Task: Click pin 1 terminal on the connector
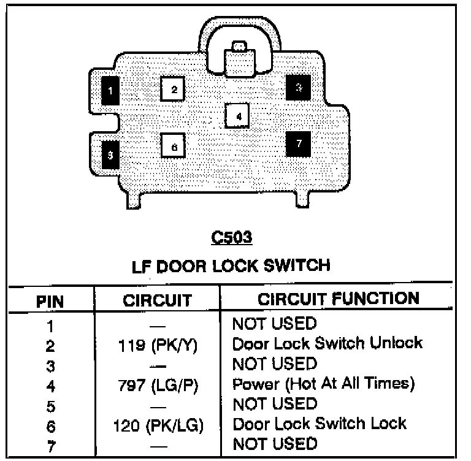click(x=110, y=91)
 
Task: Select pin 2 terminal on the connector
click(x=174, y=90)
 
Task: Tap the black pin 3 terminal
click(x=298, y=88)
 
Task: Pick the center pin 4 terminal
click(x=238, y=115)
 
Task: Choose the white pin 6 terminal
click(x=174, y=147)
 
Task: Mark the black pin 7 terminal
click(x=299, y=144)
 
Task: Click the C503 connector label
click(x=232, y=237)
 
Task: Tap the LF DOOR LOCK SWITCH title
click(x=231, y=266)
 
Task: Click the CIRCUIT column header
click(x=157, y=300)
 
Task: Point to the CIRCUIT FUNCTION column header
click(x=339, y=299)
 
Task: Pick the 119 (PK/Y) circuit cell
click(x=157, y=345)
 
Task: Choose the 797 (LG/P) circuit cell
click(x=157, y=385)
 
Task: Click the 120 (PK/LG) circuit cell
click(x=157, y=424)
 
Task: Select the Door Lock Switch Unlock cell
click(x=327, y=343)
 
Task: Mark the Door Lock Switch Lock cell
click(x=319, y=424)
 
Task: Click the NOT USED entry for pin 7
click(x=274, y=443)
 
